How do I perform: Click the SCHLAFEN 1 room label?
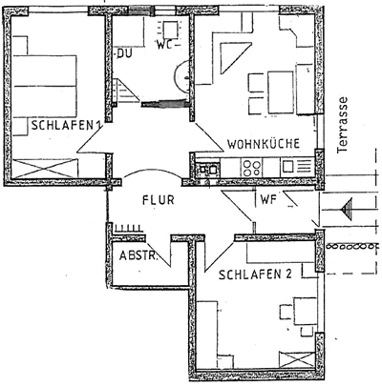point(66,125)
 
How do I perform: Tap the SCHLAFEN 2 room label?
point(255,274)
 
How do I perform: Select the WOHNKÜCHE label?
point(264,144)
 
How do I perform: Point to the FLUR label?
point(159,200)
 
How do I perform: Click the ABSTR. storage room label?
point(138,255)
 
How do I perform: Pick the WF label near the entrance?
point(268,200)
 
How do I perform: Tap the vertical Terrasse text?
point(342,125)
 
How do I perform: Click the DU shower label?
point(124,53)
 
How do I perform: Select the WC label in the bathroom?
point(164,45)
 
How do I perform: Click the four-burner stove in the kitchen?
point(251,168)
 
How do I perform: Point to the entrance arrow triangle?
point(347,209)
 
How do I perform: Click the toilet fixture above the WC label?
point(169,30)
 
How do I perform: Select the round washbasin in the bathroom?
point(182,76)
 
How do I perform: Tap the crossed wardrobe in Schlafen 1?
point(45,168)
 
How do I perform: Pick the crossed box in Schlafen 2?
point(297,359)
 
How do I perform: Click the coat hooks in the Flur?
point(128,228)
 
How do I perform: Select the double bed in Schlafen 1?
point(45,86)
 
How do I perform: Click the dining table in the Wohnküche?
point(281,92)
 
